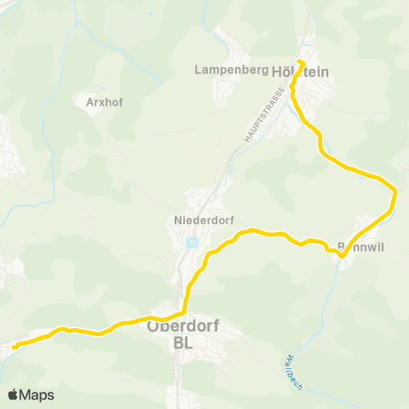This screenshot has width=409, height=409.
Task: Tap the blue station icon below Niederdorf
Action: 192,242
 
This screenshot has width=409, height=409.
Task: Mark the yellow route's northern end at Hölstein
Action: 301,60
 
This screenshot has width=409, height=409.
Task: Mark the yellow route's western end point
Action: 14,346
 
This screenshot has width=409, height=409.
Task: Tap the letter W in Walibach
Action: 288,355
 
